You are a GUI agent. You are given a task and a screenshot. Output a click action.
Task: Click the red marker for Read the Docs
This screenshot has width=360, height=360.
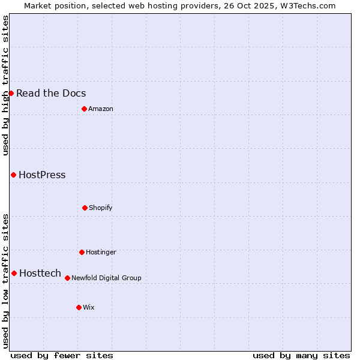point(11,93)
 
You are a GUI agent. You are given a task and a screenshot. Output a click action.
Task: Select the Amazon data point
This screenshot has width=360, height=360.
point(84,109)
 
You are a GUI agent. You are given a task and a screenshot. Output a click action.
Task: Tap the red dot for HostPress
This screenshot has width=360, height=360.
point(13,175)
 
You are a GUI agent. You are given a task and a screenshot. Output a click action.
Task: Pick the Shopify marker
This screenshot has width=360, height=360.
point(85,208)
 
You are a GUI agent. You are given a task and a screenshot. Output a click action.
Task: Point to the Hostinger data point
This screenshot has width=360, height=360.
point(82,252)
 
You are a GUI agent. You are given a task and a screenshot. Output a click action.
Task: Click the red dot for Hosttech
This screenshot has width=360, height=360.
point(14,273)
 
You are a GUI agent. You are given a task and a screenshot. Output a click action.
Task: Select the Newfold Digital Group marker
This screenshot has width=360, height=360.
point(67,278)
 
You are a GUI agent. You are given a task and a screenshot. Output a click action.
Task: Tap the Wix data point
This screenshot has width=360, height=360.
point(79,307)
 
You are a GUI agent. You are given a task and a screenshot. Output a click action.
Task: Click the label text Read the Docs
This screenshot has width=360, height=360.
point(51,93)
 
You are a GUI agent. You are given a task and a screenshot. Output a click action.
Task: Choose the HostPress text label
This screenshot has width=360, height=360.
point(42,175)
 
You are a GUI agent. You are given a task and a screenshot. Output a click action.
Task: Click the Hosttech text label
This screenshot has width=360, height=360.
point(40,273)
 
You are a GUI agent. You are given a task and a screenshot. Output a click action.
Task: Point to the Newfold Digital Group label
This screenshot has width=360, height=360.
point(106,278)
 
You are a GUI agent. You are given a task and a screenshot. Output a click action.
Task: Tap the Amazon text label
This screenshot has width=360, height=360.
point(101,109)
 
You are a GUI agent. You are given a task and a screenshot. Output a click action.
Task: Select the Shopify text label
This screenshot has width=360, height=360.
point(101,208)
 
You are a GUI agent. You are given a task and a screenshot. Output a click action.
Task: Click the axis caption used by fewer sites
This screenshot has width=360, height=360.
point(62,355)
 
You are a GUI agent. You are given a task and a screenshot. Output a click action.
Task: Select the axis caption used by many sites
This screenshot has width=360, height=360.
point(301,355)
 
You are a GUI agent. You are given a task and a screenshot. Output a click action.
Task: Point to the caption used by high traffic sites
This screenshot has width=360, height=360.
point(5,85)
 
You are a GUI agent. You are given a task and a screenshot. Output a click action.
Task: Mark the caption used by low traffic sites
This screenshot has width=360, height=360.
point(5,281)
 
